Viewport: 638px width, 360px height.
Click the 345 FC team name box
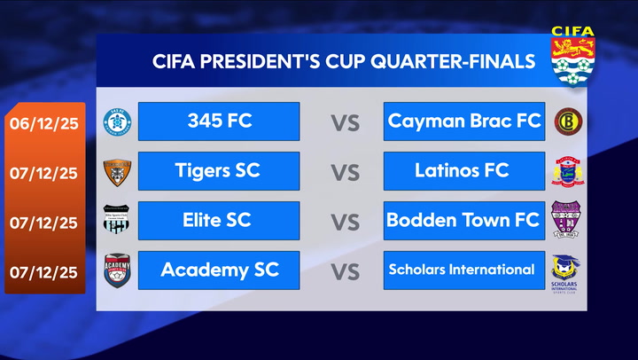219,121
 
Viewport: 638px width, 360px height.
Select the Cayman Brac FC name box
464,121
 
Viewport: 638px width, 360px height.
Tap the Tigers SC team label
219,170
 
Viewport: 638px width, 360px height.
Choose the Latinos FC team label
464,170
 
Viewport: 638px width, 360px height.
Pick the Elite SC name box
219,220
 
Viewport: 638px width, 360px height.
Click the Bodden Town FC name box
464,220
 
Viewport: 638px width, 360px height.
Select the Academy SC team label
219,270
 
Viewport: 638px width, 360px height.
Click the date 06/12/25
43,123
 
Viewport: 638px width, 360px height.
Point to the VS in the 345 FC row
346,122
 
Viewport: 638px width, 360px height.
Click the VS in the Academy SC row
346,270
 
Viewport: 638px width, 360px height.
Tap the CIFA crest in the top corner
573,55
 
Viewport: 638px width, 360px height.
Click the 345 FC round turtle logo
116,122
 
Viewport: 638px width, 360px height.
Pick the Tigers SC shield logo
116,171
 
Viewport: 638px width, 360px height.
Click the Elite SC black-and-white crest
116,220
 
